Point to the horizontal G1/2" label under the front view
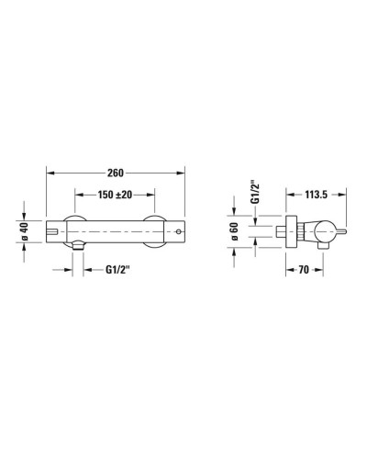[120, 270]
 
